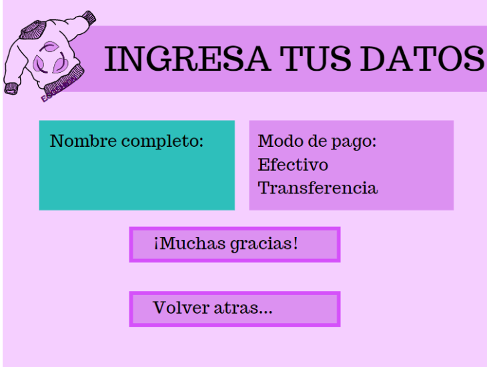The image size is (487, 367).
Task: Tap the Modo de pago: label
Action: point(318,141)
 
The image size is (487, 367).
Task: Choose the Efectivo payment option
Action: point(293,164)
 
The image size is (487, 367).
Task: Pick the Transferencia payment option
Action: point(318,188)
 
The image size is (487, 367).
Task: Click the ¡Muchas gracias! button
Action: point(234,244)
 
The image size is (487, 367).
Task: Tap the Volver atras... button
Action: point(234,309)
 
